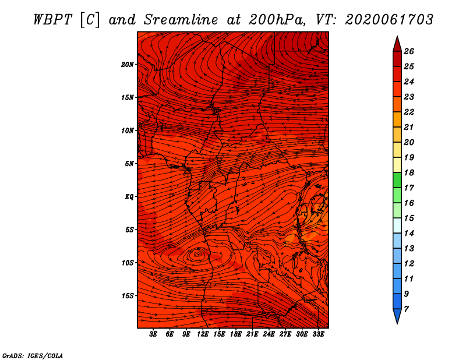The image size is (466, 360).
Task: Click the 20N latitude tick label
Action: click(127, 65)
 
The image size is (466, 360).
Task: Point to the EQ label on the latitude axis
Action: click(129, 197)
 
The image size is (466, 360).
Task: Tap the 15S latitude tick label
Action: click(128, 296)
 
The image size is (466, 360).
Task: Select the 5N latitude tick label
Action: click(129, 164)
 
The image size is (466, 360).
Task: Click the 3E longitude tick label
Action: click(153, 334)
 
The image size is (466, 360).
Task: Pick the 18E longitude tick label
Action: click(236, 334)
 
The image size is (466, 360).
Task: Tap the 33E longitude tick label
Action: click(318, 334)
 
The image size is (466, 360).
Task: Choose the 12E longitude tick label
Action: click(203, 334)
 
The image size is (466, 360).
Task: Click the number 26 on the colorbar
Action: click(409, 51)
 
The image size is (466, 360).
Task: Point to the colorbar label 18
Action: click(409, 172)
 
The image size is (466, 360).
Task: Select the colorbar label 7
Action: click(406, 309)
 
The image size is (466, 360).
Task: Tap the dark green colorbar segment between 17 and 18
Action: click(397, 180)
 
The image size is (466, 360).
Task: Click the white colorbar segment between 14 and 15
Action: click(397, 225)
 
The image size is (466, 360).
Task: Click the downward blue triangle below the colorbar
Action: click(397, 315)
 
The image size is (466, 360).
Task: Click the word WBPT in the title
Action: click(52, 20)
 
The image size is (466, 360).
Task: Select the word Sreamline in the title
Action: click(181, 20)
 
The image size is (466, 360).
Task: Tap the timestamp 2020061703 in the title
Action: click(389, 20)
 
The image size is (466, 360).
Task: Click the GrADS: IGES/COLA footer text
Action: click(33, 356)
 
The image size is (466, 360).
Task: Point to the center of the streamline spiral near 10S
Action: click(197, 254)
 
